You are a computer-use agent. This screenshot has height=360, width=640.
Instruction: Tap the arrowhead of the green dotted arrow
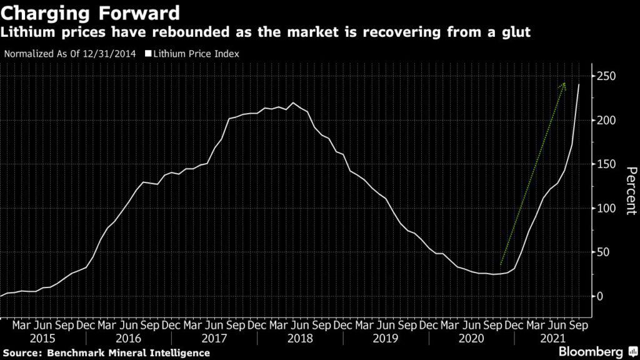[564, 85]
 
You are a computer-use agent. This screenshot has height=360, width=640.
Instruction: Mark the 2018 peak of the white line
[294, 103]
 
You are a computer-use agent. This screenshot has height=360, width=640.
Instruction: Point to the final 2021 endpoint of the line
[579, 85]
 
